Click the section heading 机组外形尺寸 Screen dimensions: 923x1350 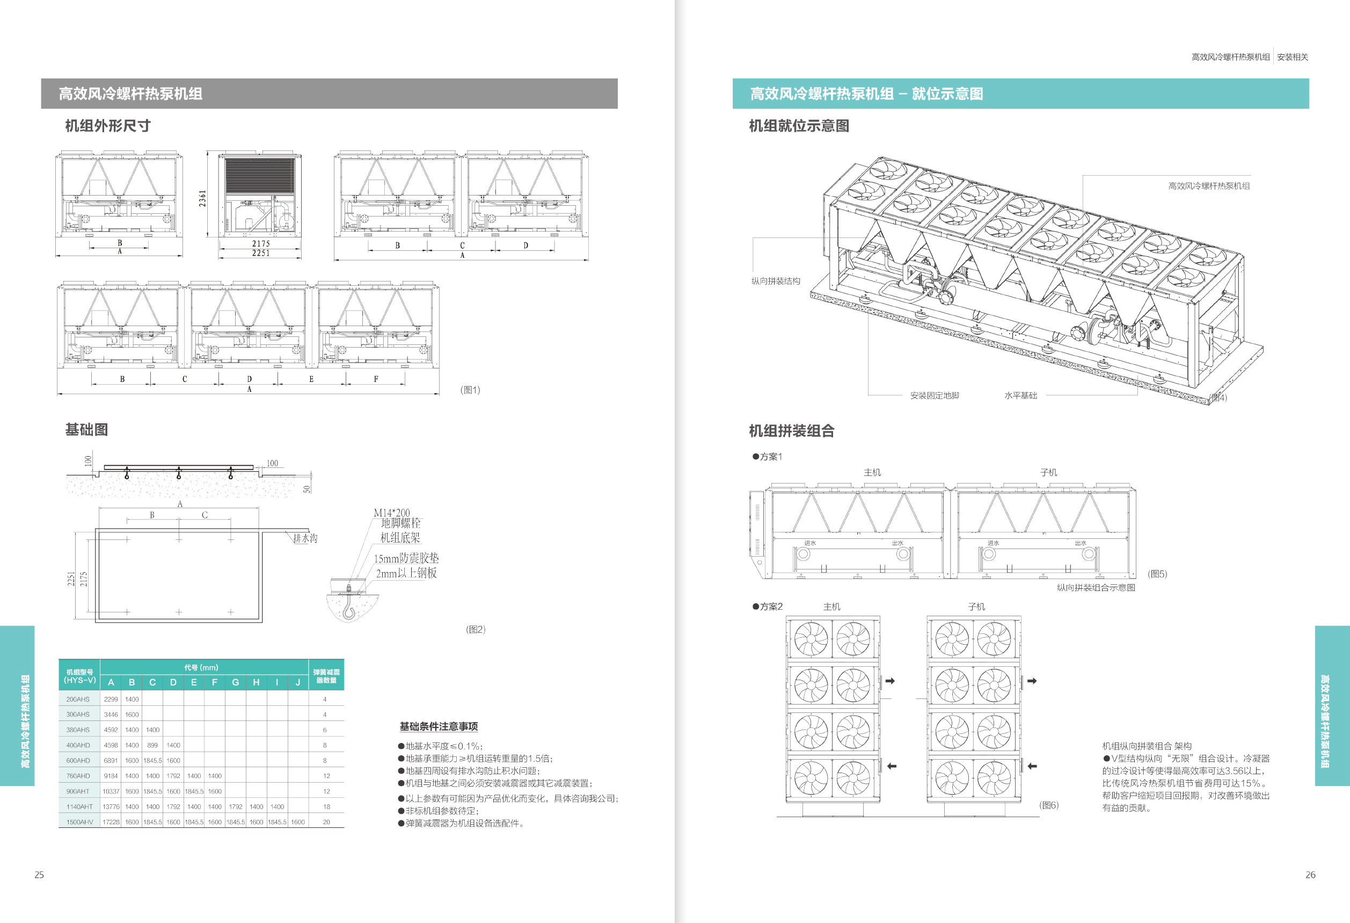pos(107,126)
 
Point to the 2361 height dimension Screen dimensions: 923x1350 pos(202,198)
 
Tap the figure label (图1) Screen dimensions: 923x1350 pos(470,390)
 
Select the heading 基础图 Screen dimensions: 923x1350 pos(86,429)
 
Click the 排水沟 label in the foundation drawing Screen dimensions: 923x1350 pos(305,538)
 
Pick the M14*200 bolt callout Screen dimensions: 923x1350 pos(391,513)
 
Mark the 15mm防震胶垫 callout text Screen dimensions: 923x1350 pos(406,559)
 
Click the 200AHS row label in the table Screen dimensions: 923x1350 pos(78,699)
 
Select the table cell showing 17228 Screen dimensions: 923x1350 pos(111,822)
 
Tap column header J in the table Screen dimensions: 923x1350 pos(298,682)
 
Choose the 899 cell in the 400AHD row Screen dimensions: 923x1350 pos(152,745)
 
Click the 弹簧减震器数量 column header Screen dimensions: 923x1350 pos(326,675)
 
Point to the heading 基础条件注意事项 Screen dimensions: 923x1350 pos(439,726)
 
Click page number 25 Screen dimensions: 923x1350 pos(39,875)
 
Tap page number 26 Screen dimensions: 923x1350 pos(1310,875)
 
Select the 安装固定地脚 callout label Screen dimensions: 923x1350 pos(934,396)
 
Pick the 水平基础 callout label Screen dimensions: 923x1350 pos(1020,396)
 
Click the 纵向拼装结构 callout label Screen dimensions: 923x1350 pos(776,282)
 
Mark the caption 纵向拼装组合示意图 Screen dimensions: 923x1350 pos(1096,588)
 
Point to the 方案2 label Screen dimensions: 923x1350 pos(771,607)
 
